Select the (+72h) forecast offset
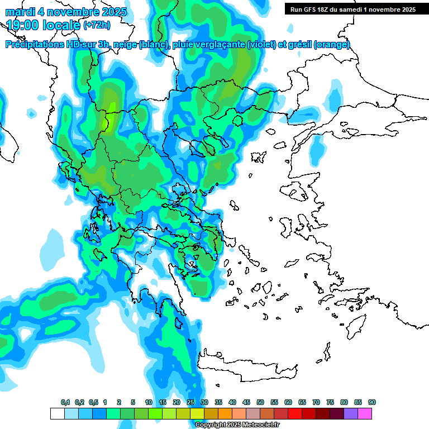96,26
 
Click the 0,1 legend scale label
65,403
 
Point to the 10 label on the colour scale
149,403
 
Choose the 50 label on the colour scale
260,403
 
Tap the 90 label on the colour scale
372,403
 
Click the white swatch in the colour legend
57,413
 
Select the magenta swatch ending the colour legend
365,413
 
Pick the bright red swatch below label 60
295,413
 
